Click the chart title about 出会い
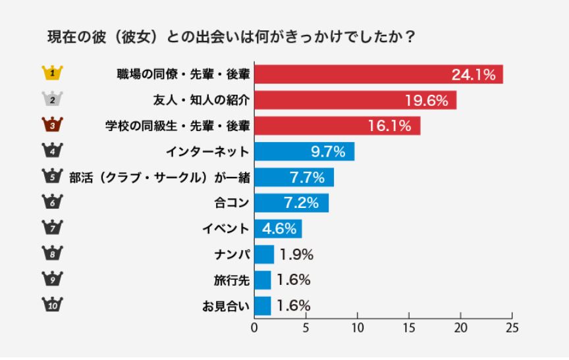point(230,37)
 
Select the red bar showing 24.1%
point(378,74)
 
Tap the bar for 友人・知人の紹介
point(355,100)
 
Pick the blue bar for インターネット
point(304,151)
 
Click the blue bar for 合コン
point(291,203)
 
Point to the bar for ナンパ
point(263,254)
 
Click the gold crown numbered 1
point(51,72)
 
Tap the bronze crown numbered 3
point(51,124)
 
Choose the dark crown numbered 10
point(51,305)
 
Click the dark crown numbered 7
point(51,228)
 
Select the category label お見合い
point(225,305)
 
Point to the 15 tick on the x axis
point(409,327)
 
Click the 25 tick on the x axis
point(512,327)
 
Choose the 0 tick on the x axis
point(254,327)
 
